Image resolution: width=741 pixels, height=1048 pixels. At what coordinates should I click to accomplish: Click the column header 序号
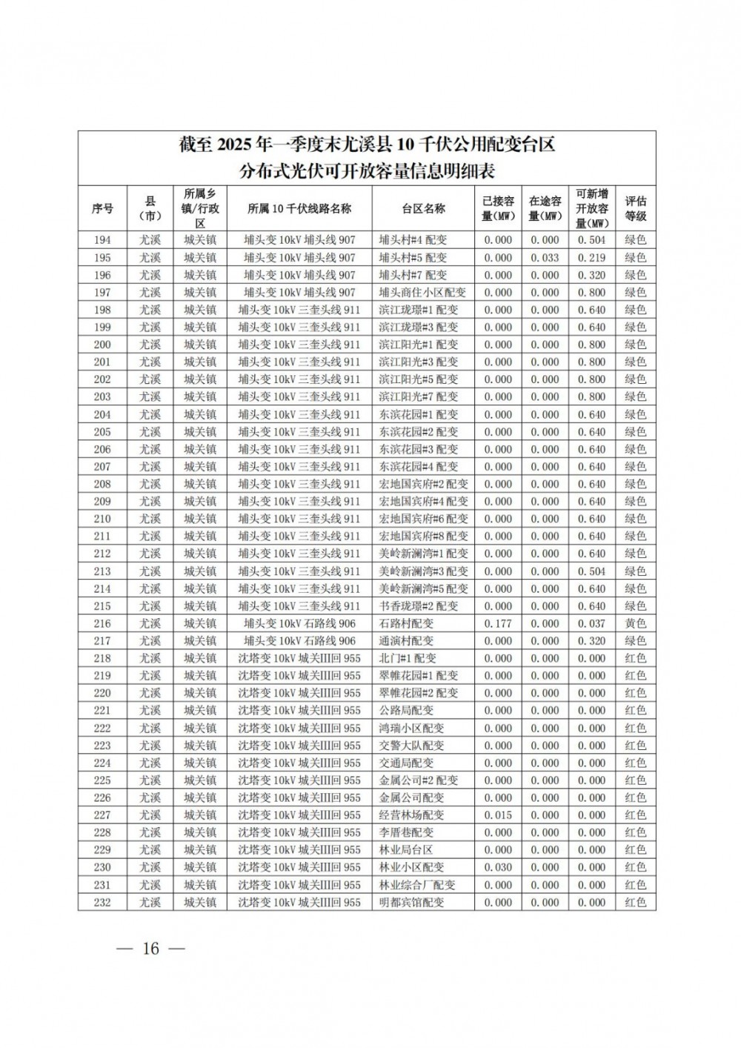102,209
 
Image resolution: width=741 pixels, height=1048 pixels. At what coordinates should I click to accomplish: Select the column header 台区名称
423,209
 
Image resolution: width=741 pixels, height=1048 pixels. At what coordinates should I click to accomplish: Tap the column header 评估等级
635,209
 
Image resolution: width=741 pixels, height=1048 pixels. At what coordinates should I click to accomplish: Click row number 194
102,240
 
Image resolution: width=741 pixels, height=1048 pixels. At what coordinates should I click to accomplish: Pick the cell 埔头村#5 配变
413,258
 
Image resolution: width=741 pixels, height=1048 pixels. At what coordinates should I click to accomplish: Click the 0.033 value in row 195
545,258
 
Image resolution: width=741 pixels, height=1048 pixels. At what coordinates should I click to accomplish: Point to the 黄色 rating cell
635,624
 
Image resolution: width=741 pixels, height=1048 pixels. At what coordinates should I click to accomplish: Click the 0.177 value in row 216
498,624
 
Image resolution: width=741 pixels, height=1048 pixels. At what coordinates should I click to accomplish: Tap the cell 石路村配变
406,624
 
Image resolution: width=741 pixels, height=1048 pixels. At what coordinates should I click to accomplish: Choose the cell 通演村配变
406,641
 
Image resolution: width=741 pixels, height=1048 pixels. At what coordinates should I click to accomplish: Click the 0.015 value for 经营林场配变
498,815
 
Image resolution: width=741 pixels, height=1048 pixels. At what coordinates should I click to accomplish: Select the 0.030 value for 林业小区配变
498,867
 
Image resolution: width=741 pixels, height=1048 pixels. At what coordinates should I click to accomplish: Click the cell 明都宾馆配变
411,903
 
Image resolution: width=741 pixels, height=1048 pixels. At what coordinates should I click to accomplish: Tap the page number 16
151,949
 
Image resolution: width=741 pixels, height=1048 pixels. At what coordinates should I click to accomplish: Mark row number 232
102,903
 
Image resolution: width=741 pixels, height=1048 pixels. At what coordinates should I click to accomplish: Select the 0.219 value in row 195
591,258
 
